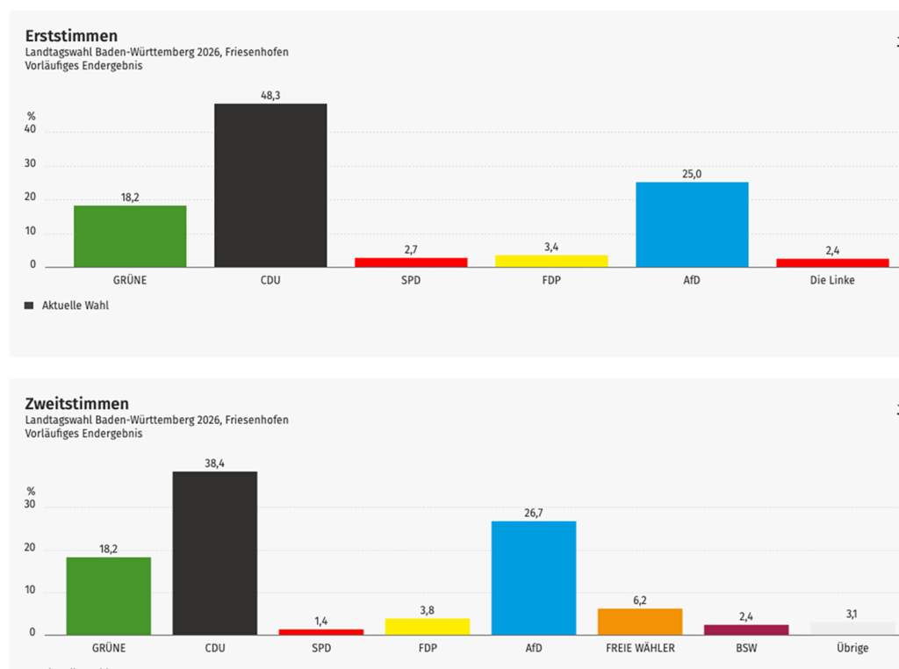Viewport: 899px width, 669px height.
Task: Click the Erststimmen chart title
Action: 71,36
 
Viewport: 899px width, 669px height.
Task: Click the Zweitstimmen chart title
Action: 77,404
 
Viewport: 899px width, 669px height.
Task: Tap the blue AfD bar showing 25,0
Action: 692,224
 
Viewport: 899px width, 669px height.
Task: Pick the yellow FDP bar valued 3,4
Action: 551,261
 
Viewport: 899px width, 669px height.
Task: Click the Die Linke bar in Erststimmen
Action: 832,263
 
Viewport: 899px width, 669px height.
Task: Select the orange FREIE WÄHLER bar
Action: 640,622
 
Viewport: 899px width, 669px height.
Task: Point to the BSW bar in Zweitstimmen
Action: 746,629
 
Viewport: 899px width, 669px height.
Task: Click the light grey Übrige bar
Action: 852,628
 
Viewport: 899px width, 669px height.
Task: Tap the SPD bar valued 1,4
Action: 321,631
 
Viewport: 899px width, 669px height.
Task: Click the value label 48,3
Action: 270,96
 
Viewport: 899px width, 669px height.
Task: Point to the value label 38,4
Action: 215,464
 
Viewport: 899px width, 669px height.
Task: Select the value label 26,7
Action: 534,513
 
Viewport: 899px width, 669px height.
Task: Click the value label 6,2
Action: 640,601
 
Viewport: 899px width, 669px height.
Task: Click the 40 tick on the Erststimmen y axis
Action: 31,131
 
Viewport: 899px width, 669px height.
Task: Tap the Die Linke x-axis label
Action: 832,280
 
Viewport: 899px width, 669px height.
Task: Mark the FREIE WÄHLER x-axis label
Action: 640,649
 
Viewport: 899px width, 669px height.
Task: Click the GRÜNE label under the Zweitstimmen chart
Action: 109,649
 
